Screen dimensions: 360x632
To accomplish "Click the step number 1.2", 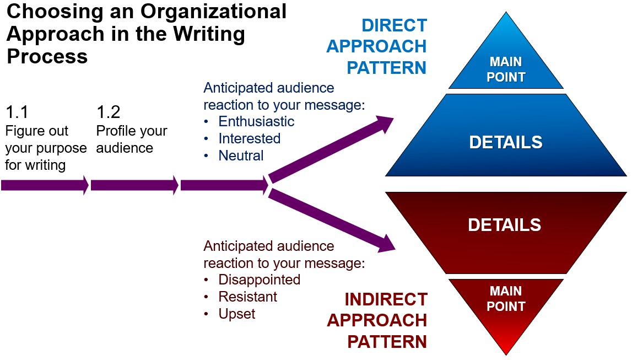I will [108, 112].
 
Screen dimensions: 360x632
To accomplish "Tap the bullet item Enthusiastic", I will [256, 121].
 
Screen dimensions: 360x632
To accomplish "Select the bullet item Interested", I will [249, 138].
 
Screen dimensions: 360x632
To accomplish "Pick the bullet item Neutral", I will [241, 155].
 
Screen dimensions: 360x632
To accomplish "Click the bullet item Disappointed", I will [259, 280].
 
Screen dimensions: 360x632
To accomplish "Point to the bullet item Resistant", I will [247, 297].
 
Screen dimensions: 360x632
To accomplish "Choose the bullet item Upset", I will [237, 314].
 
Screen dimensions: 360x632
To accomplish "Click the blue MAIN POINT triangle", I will [506, 63].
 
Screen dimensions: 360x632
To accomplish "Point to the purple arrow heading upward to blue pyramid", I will [331, 149].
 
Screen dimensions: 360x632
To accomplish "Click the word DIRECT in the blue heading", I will [394, 25].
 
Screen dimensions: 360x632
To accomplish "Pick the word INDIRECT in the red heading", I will [386, 299].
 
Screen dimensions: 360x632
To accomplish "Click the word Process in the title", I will [47, 56].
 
